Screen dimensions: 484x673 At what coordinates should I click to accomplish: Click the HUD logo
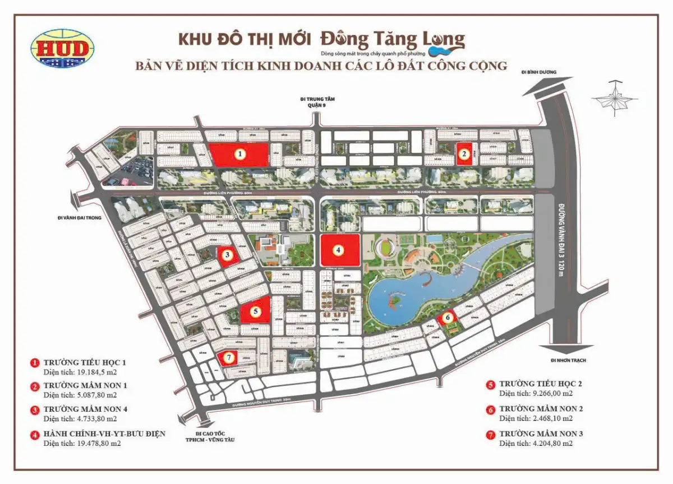click(x=62, y=49)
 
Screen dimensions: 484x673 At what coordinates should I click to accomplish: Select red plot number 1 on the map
click(x=239, y=153)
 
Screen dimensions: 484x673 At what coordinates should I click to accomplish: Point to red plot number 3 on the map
click(x=227, y=255)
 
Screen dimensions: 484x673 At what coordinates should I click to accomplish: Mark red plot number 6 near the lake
click(x=447, y=318)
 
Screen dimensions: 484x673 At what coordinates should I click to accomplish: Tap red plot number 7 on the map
click(x=228, y=357)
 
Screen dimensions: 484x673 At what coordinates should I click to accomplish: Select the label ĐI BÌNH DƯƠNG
click(x=539, y=72)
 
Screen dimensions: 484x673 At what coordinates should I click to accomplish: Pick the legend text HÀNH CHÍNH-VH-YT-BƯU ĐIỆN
click(x=104, y=434)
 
